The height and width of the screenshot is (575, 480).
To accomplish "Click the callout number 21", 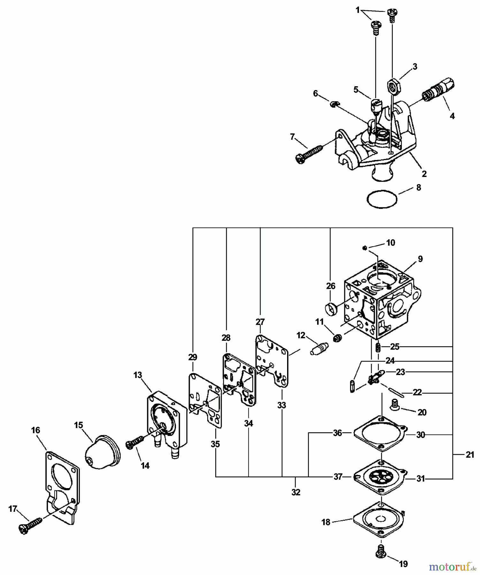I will [469, 455].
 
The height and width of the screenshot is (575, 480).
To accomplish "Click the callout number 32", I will [296, 492].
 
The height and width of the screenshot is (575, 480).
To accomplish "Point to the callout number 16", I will [35, 430].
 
